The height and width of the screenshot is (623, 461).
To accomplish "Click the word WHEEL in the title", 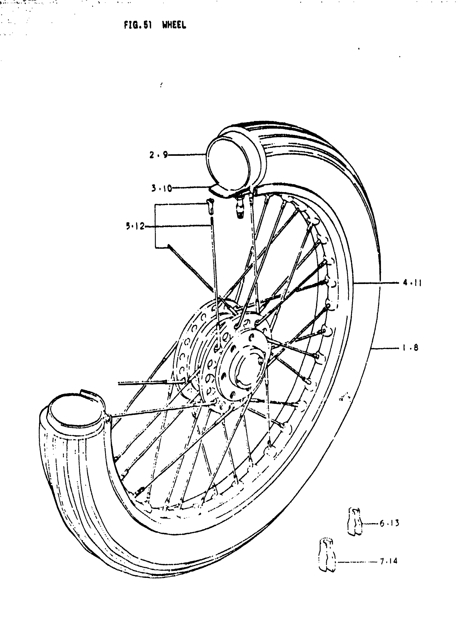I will coord(174,25).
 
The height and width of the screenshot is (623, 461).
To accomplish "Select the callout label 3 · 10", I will coord(162,188).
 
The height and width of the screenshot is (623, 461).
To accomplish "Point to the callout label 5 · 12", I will coord(135,226).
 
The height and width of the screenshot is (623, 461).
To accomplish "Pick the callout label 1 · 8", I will coord(410,348).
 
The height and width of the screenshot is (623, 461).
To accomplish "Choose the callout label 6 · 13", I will coord(389,523).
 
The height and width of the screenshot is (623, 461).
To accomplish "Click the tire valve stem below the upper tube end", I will coord(240,207).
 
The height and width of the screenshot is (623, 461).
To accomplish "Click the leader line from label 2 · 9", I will coord(187,154).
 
